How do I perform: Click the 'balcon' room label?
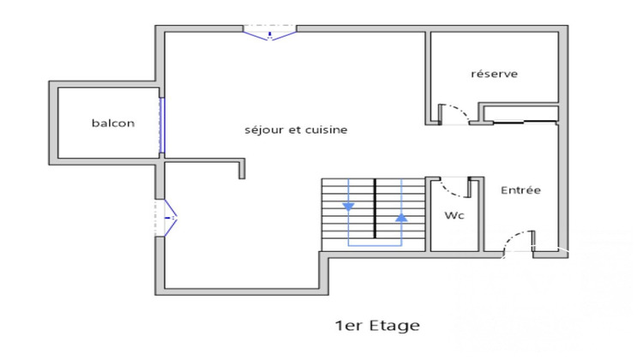tap(113, 123)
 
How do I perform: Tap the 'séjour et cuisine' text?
tap(296, 130)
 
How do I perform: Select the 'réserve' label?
tap(494, 75)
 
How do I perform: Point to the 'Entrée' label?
tap(520, 190)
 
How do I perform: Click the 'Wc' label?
tap(454, 216)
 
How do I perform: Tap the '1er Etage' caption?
tap(377, 326)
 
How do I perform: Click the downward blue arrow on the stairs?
tap(348, 207)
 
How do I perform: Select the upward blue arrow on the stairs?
tap(401, 218)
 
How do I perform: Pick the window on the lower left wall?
tap(166, 218)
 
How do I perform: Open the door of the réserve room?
tap(454, 113)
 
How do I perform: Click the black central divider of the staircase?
tap(375, 210)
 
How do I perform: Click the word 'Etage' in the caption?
tap(395, 326)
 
